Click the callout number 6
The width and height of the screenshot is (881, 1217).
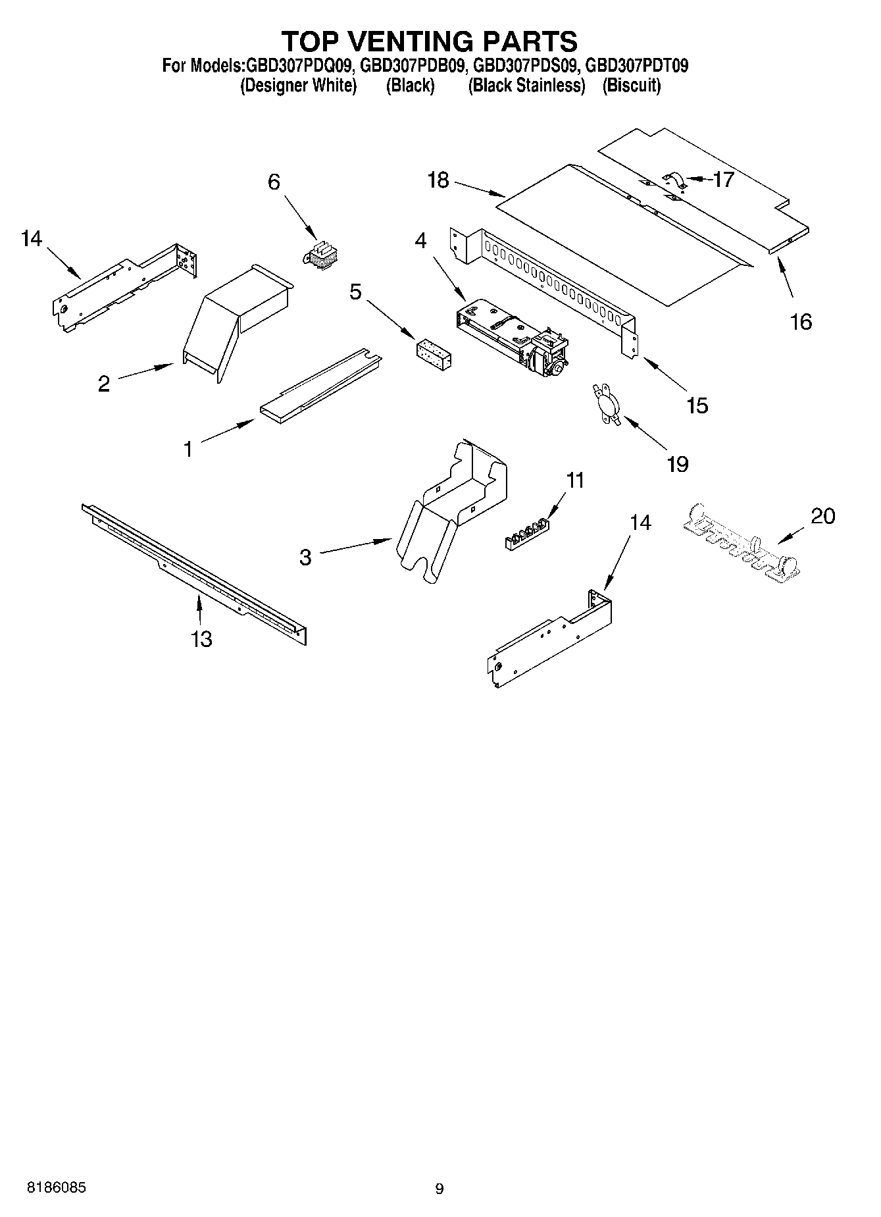pos(274,182)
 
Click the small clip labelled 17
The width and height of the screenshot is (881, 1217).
pos(674,182)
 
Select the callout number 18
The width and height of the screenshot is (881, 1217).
pos(438,180)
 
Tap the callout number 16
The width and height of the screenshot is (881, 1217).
pos(801,322)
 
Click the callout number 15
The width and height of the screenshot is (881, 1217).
pos(697,405)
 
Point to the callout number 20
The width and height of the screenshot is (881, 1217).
pos(822,515)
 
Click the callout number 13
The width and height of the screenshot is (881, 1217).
pos(201,638)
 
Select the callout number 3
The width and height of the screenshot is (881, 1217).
pos(305,557)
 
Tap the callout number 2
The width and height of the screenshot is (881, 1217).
pos(104,384)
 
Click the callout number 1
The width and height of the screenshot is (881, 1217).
pos(188,450)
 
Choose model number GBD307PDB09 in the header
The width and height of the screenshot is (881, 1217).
pos(414,66)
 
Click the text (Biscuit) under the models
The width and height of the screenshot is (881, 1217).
pos(631,86)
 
